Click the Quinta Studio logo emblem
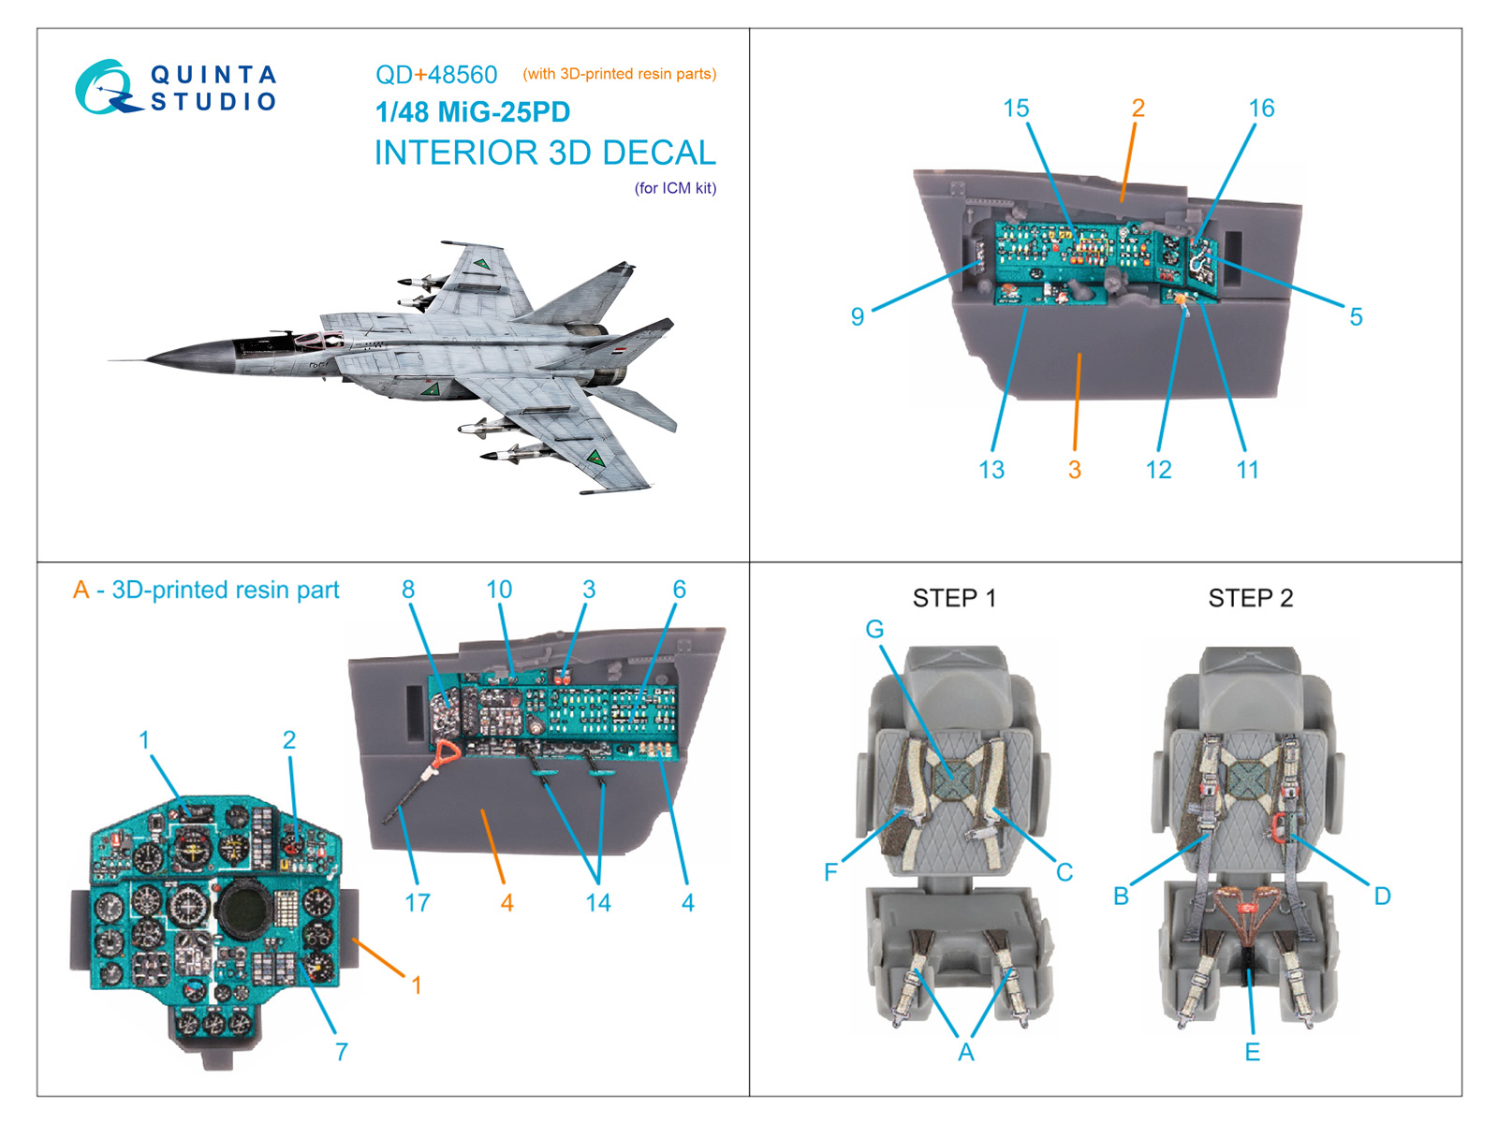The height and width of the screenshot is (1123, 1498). pos(105,88)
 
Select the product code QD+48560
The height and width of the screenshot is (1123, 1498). pos(436,75)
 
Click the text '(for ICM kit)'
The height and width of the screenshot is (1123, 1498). pos(675,188)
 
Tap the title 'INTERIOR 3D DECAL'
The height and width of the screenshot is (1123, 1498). pos(545,153)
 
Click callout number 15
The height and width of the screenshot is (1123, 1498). pos(1016,109)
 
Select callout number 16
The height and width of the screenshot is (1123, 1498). pos(1261,109)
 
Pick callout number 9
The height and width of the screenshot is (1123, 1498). pos(857,316)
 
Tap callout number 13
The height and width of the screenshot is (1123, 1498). pos(991,470)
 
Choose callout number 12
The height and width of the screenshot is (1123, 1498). pos(1158,470)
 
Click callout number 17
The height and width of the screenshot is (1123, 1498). pos(418,903)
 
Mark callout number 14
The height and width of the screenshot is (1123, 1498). pos(598,903)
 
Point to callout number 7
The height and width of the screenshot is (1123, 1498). pos(342,1052)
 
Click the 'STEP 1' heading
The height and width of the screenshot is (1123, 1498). pos(954,598)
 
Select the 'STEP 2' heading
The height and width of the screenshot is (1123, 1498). pos(1250,598)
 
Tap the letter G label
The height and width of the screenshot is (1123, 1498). pos(874,630)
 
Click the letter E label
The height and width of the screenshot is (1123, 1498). pos(1252,1052)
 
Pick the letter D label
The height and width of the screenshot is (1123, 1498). pos(1382,897)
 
